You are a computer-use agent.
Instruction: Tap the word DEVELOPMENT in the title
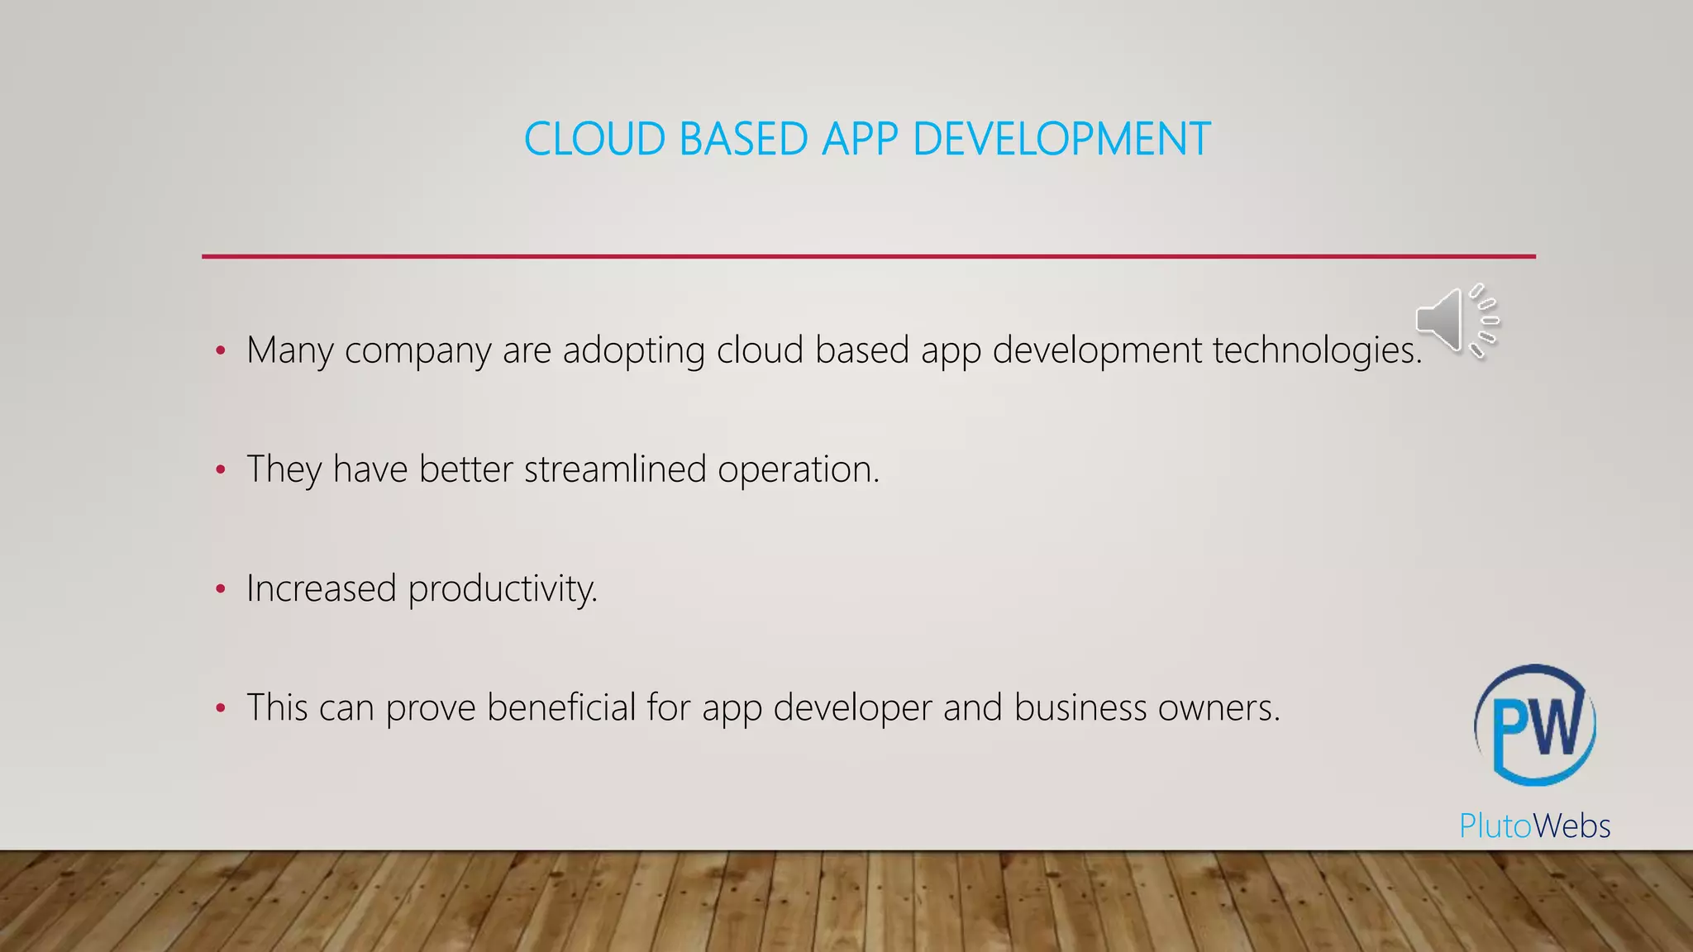pyautogui.click(x=1061, y=139)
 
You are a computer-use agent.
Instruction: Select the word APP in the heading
pyautogui.click(x=859, y=139)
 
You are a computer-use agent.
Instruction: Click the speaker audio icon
pyautogui.click(x=1457, y=321)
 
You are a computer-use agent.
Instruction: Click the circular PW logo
pyautogui.click(x=1535, y=725)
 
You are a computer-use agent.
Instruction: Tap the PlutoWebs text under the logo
pyautogui.click(x=1534, y=826)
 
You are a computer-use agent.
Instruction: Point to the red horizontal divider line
pyautogui.click(x=868, y=256)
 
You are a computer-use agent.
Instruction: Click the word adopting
pyautogui.click(x=633, y=350)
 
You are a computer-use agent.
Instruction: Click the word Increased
pyautogui.click(x=322, y=588)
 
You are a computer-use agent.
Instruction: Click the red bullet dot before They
pyautogui.click(x=220, y=470)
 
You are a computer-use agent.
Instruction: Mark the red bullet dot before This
pyautogui.click(x=220, y=708)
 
